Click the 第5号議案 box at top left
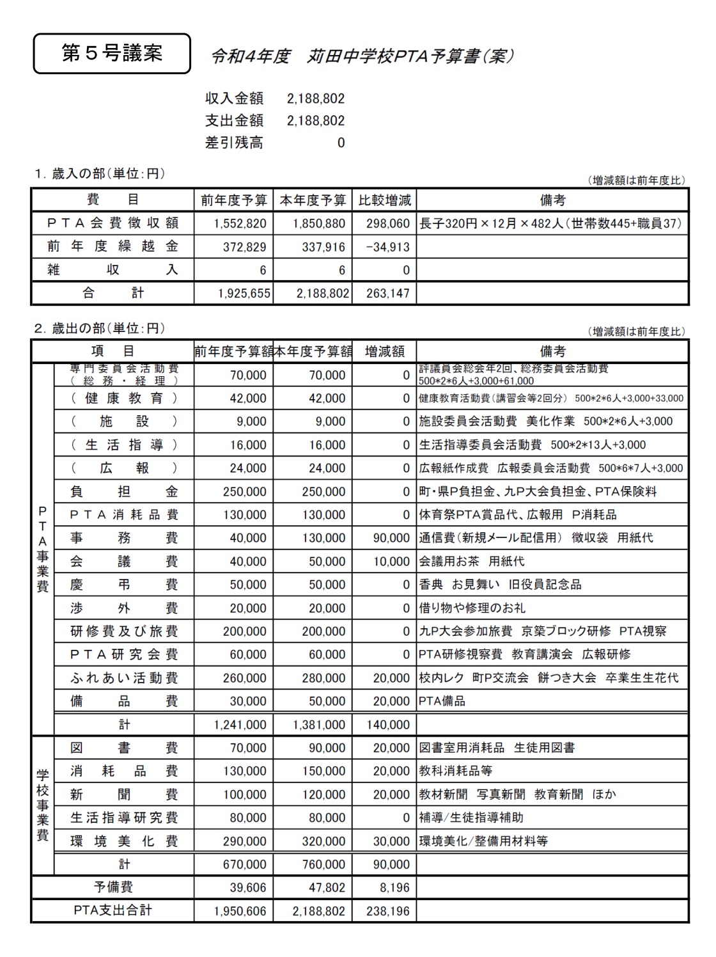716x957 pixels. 112,54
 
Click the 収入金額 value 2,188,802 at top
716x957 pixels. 316,99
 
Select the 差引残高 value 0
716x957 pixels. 341,143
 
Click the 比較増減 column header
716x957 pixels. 384,200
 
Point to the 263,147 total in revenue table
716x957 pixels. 387,294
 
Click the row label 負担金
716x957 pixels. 124,492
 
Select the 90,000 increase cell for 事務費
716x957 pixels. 391,538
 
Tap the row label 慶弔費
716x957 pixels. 124,585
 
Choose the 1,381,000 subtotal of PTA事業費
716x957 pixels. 319,725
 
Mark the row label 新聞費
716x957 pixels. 124,795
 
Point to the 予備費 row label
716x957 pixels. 113,887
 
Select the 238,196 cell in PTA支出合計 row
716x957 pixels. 387,911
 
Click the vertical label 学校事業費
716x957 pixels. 42,806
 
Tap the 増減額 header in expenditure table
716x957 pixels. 384,351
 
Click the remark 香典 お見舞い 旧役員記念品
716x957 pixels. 500,585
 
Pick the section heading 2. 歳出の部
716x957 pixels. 100,329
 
